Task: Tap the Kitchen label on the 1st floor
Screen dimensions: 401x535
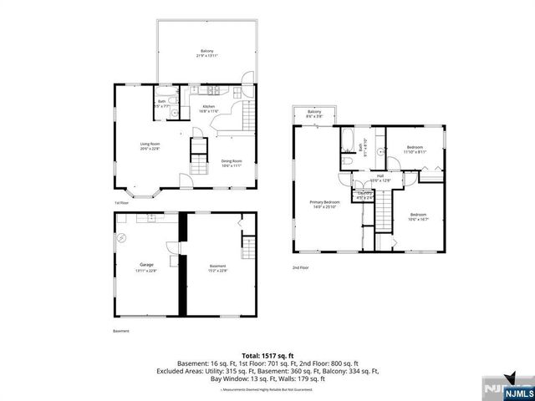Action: pyautogui.click(x=209, y=109)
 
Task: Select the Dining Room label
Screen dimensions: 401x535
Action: pyautogui.click(x=232, y=164)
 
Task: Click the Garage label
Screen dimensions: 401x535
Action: pyautogui.click(x=146, y=267)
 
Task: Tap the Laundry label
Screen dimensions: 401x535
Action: pyautogui.click(x=364, y=195)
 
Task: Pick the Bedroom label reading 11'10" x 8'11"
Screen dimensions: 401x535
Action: pyautogui.click(x=415, y=150)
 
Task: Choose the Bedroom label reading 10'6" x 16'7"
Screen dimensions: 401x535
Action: pyautogui.click(x=418, y=216)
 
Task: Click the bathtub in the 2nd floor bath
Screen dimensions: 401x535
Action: pyautogui.click(x=349, y=137)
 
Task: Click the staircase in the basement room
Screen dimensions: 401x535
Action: pyautogui.click(x=247, y=248)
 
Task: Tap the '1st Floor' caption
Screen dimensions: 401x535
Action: pyautogui.click(x=121, y=203)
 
